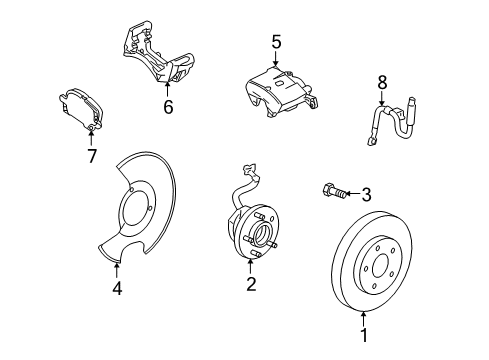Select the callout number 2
click(x=251, y=285)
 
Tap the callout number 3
click(x=366, y=194)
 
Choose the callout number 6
click(x=168, y=107)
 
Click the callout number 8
click(x=381, y=82)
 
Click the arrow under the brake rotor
click(x=363, y=318)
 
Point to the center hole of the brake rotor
click(x=379, y=257)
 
